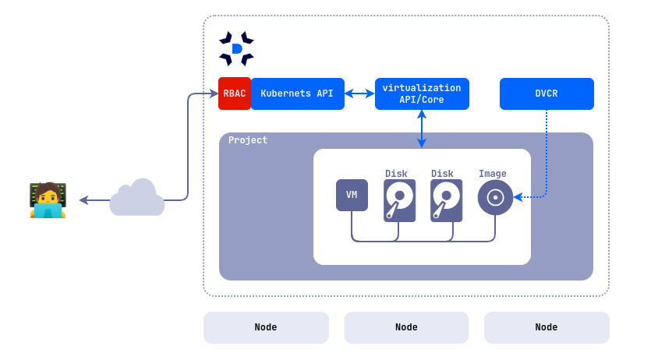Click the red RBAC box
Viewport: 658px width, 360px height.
pos(234,94)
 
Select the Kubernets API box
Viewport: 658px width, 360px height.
pos(297,94)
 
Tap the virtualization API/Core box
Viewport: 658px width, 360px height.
pos(422,94)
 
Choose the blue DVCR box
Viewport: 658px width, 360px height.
pos(547,94)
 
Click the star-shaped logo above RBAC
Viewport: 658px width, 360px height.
pos(236,48)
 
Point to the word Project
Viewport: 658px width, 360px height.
pos(248,140)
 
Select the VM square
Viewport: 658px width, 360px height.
pos(352,195)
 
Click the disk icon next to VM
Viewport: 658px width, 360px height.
pos(399,200)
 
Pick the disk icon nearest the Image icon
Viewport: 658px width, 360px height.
pos(446,200)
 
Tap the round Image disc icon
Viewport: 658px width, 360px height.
pos(495,197)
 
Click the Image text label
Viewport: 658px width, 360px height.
pos(493,174)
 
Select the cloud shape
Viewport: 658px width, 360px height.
pos(137,199)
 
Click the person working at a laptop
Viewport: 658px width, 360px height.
pos(48,200)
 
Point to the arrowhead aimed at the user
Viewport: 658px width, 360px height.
pos(83,200)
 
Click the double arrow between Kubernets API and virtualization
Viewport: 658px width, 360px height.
pos(359,94)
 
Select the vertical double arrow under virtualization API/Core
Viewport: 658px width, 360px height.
pos(422,129)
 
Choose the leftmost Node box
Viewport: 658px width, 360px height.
pos(266,327)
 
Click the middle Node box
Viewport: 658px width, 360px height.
pos(406,327)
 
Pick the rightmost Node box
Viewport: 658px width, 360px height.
pos(547,327)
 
